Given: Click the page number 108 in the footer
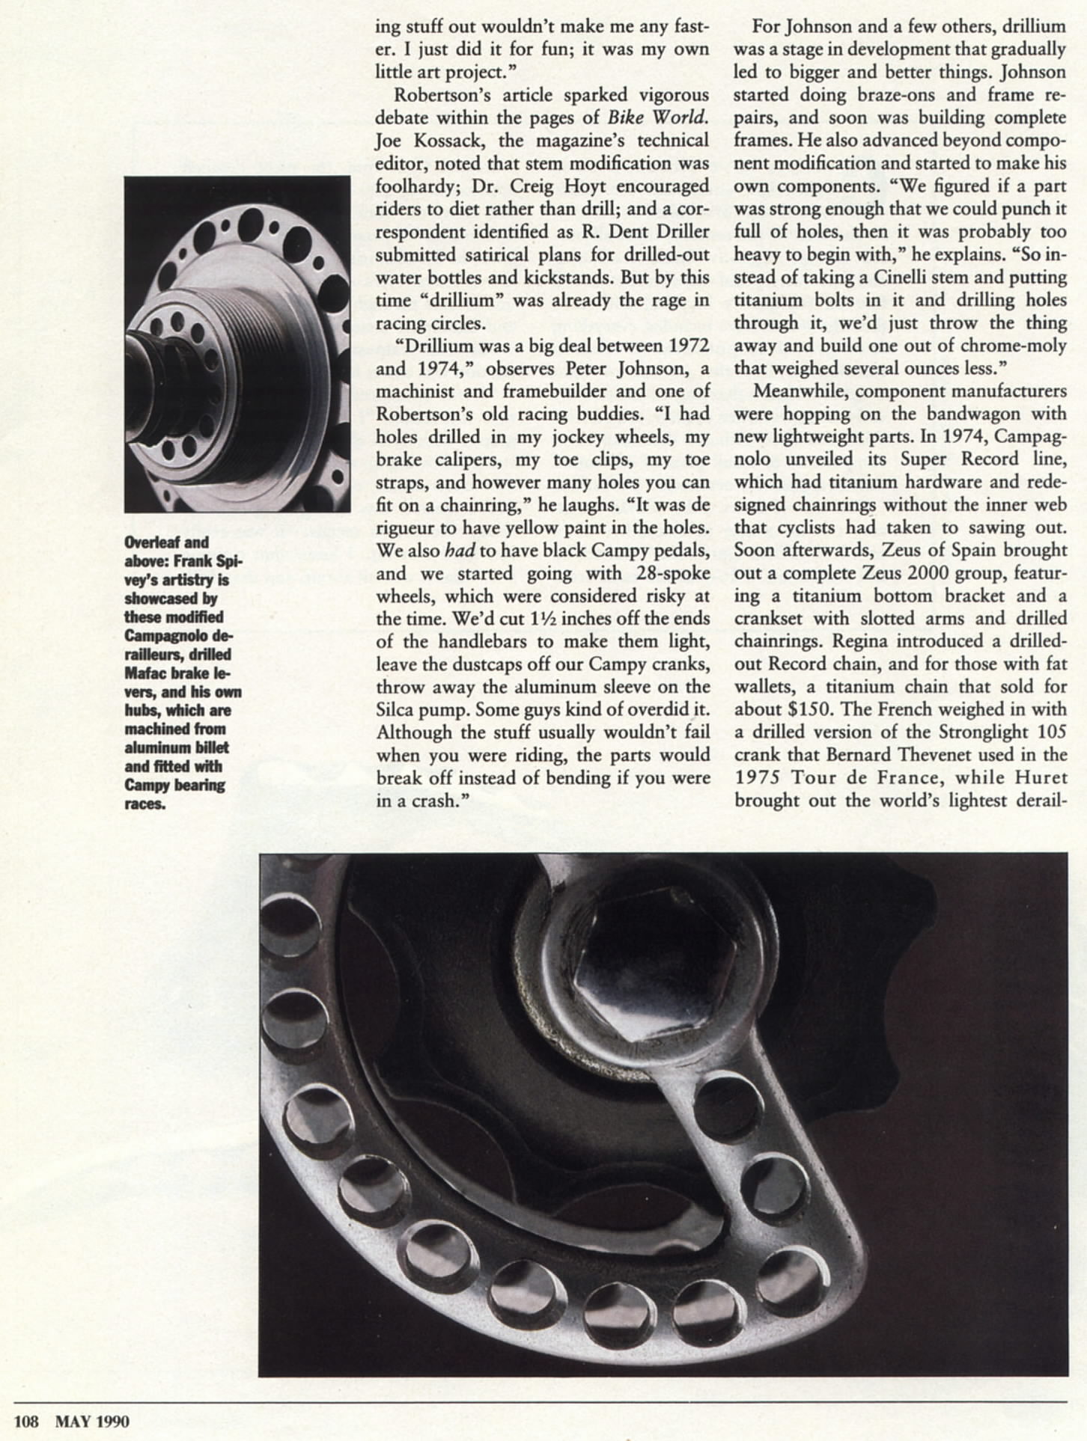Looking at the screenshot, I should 26,1421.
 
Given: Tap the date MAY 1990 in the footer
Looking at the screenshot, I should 92,1421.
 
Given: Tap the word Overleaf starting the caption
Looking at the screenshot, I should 154,542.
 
